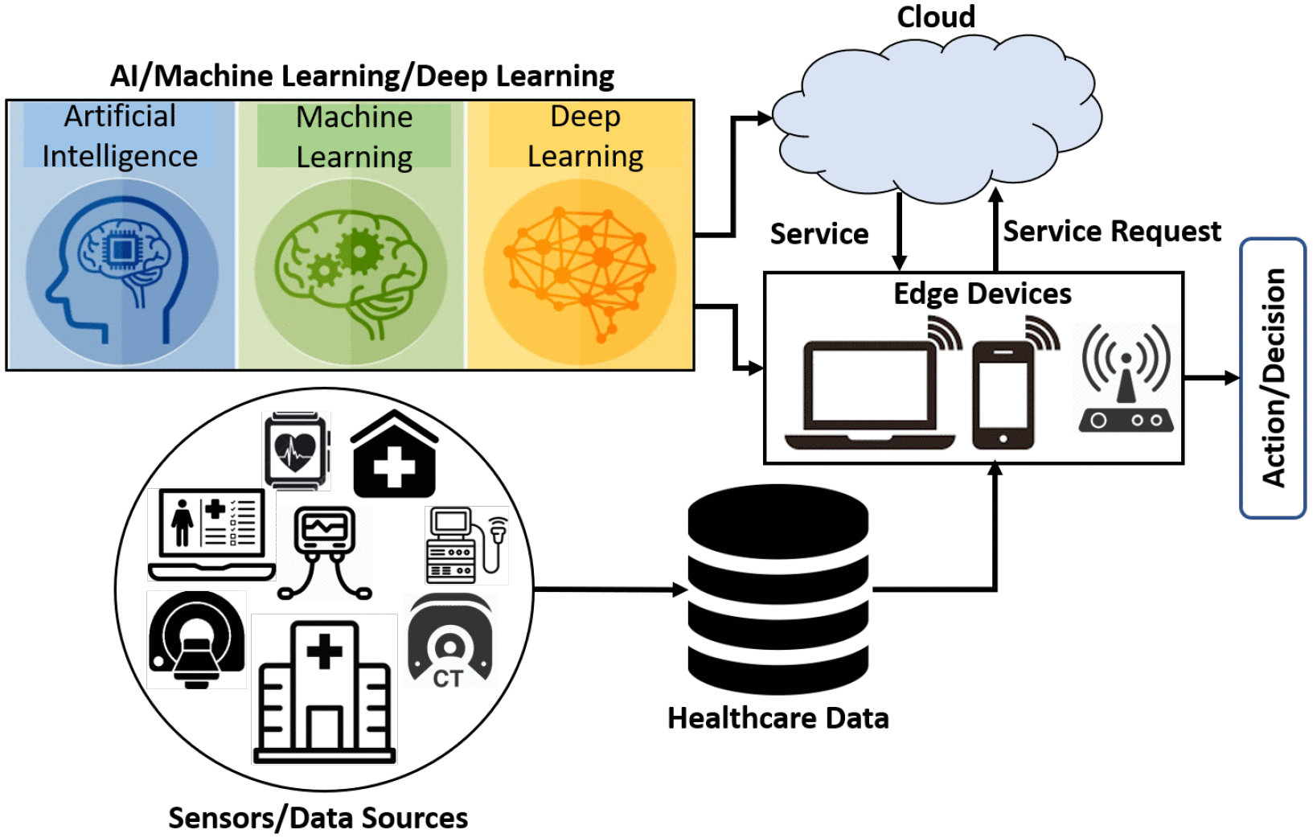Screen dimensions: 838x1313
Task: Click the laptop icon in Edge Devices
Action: point(870,394)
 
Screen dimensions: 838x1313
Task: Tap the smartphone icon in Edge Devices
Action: point(1002,395)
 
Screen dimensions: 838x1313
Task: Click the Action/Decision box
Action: point(1273,378)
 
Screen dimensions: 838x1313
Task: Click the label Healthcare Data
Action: point(778,718)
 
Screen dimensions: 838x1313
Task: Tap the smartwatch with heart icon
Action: point(296,450)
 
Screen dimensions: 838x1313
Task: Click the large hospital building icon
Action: point(325,692)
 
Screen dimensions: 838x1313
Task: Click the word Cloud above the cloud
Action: point(936,17)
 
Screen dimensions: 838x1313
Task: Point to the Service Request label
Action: point(1112,232)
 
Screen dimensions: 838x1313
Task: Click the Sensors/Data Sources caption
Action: point(318,818)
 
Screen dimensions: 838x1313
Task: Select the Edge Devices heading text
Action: point(983,294)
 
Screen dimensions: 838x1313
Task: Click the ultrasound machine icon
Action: point(466,545)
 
